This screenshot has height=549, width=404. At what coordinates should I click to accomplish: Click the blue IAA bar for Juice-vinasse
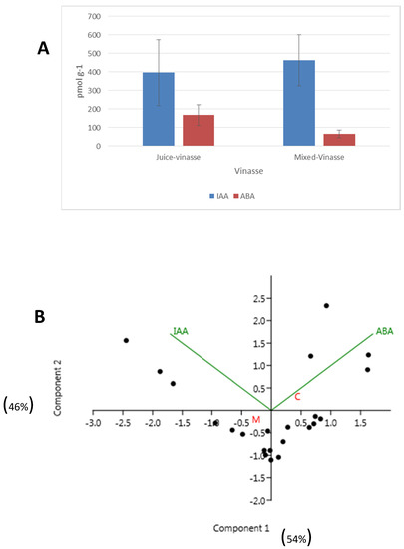coord(158,109)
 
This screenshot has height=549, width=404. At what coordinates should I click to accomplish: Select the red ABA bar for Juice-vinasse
coord(199,130)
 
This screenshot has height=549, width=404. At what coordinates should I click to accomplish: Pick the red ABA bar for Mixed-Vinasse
coord(339,139)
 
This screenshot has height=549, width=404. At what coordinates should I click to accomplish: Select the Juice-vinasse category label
coord(178,157)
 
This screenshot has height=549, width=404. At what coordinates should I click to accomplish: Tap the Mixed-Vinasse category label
coord(319,157)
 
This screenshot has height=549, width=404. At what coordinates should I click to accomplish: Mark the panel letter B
coord(39,317)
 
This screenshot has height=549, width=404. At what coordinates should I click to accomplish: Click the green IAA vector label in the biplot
coord(181,330)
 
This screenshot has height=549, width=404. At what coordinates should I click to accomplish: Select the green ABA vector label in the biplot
coord(384,331)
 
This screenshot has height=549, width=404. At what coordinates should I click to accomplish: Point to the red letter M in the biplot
coord(255,420)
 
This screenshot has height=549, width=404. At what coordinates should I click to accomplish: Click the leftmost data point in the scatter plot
coord(126,340)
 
